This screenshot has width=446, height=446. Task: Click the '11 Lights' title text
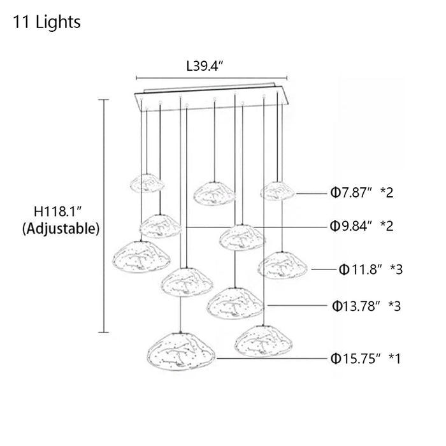click(47, 22)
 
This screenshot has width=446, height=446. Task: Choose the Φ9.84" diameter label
click(353, 226)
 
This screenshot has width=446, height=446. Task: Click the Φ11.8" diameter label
click(361, 270)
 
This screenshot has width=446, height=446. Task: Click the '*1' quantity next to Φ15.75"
click(394, 358)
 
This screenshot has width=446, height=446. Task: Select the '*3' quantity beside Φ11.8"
click(396, 270)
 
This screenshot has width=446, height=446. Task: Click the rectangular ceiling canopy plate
click(211, 96)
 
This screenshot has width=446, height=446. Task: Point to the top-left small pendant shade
click(147, 183)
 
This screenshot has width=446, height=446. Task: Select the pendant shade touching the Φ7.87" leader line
click(277, 190)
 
